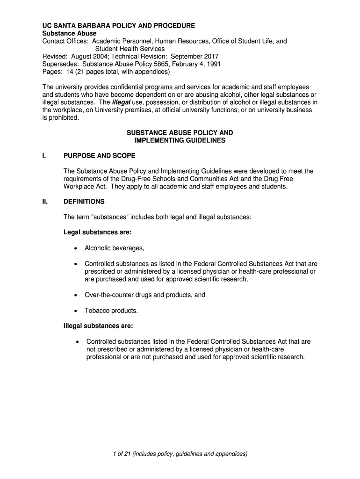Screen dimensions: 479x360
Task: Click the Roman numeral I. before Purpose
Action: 44,156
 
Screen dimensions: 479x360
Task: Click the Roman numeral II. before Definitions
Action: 45,202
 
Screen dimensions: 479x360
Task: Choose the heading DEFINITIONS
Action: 84,202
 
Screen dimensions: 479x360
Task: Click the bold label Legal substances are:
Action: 97,232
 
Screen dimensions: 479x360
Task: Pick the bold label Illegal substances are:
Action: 99,326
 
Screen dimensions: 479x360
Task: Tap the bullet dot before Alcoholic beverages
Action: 75,248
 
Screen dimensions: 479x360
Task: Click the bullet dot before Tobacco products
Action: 75,311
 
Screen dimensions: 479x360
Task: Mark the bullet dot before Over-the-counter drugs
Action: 75,295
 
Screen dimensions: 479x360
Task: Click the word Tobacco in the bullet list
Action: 97,310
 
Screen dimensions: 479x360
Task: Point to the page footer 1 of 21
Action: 180,454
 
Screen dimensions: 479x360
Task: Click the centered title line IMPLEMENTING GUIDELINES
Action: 180,140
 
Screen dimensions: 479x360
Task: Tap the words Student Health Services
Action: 130,49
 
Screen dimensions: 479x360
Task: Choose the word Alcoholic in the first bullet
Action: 99,248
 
